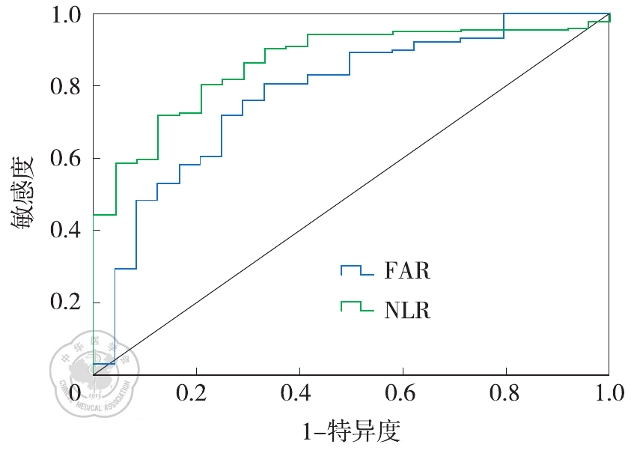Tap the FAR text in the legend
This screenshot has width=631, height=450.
point(407,271)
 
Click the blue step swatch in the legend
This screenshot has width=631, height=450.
point(356,270)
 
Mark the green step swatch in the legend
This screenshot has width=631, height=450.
point(356,306)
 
